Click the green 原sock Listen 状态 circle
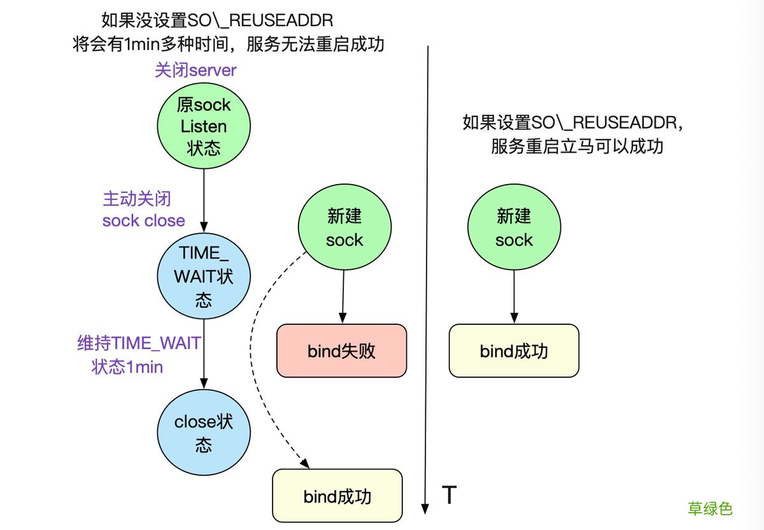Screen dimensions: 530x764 coord(204,126)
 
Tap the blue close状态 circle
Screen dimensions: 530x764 coord(204,433)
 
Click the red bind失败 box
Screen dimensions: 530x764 coord(341,351)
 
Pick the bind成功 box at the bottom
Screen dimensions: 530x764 coord(337,496)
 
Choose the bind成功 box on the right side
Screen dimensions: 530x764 coord(514,351)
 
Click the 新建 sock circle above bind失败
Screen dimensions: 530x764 coord(344,229)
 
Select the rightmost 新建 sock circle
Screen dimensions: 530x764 coord(514,229)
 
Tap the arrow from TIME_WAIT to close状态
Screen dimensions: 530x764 coord(204,357)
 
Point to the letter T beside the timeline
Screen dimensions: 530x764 coord(449,495)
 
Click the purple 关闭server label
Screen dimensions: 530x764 coord(195,70)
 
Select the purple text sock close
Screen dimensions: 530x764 coord(144,220)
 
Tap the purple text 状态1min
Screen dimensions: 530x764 coord(127,367)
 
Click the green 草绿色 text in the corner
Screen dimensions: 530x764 coord(710,508)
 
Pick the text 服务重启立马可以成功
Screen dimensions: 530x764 coord(577,147)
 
